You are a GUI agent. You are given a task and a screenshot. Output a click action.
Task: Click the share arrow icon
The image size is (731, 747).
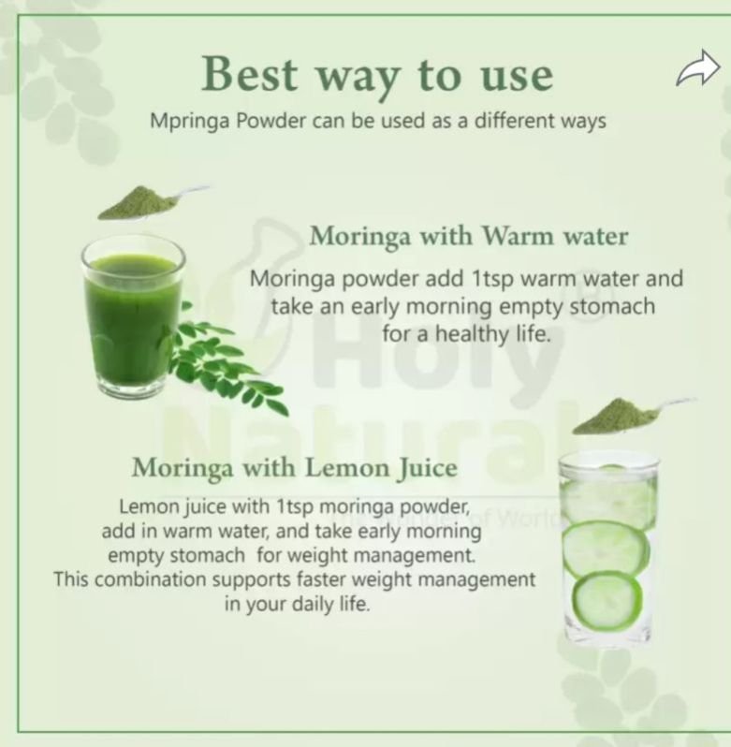pyautogui.click(x=698, y=68)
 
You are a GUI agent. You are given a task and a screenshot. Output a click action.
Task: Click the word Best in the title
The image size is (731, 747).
pyautogui.click(x=249, y=74)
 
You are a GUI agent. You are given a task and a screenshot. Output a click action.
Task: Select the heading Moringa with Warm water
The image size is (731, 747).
pyautogui.click(x=469, y=236)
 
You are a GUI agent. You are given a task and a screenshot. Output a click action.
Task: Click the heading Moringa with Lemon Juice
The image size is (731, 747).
pyautogui.click(x=294, y=468)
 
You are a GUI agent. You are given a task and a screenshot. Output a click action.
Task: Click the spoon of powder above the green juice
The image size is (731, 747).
pyautogui.click(x=152, y=202)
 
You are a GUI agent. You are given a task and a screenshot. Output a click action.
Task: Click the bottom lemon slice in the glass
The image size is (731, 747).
pyautogui.click(x=607, y=601)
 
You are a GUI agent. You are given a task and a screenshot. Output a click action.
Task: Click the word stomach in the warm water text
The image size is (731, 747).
pyautogui.click(x=612, y=307)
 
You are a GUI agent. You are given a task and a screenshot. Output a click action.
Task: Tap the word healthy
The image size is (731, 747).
pyautogui.click(x=473, y=334)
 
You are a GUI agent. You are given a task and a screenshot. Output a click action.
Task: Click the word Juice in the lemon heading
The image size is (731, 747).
pyautogui.click(x=427, y=469)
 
